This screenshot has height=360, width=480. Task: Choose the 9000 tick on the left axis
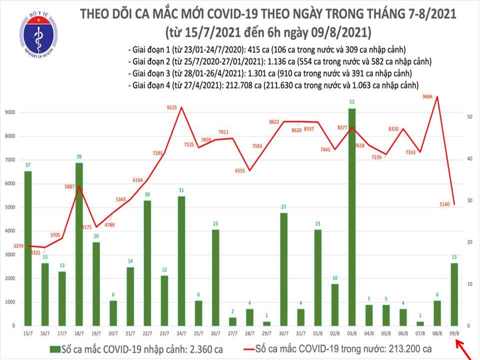pos(10,112)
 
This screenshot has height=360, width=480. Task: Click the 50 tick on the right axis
pos(470,116)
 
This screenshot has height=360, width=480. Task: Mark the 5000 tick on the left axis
pos(10,207)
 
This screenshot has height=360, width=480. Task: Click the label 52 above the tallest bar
pos(352,103)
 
